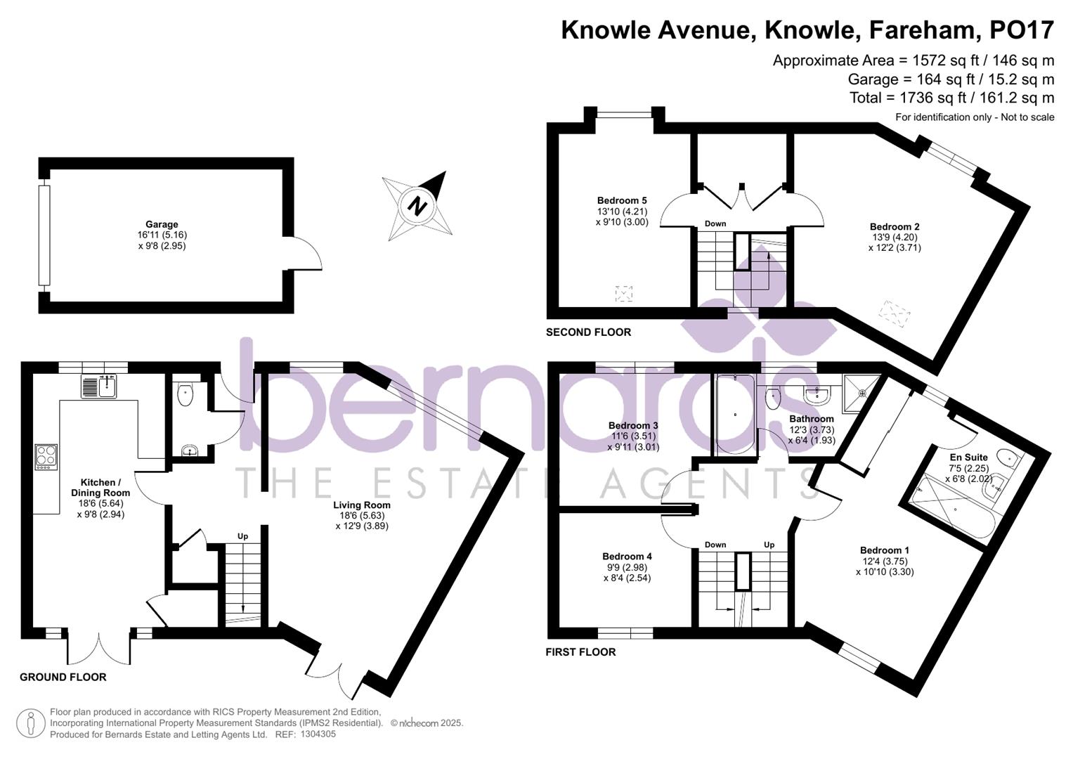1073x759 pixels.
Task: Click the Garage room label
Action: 162,225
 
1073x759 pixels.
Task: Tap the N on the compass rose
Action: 418,207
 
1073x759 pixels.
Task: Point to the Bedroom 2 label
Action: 895,227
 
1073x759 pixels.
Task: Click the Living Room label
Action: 362,505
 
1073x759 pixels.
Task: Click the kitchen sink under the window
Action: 98,387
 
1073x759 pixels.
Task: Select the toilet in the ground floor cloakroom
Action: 186,394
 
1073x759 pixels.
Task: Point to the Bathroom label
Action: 812,419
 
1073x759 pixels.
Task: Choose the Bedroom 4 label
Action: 630,557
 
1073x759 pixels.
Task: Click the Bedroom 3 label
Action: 633,425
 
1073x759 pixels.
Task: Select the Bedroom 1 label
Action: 885,550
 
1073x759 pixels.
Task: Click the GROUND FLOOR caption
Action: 63,677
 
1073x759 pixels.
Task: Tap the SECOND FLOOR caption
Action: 588,332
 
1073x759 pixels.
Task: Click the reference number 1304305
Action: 318,734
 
